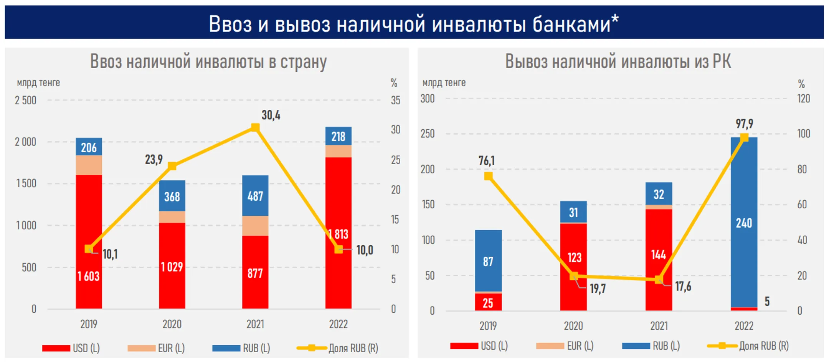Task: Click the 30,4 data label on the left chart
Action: coord(271,115)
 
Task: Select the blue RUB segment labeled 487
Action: coord(255,196)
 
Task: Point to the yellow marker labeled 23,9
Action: coord(172,166)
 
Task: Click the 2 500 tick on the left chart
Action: coord(25,101)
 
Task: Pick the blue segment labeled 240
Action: coord(744,223)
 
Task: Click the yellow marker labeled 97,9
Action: coord(744,137)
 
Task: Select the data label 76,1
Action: coord(486,160)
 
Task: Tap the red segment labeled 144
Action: coord(659,255)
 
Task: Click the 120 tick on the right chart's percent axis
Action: coord(803,99)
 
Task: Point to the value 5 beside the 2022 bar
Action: coord(767,301)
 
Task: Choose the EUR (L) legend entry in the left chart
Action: coord(156,348)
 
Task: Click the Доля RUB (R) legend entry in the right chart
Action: coord(748,346)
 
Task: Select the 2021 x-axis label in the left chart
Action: coord(255,324)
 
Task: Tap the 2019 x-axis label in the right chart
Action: coord(488,326)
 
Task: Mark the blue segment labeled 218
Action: coord(338,136)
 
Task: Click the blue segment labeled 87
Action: coord(488,261)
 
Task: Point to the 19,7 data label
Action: coord(598,289)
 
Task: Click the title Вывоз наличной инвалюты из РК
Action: coord(618,61)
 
